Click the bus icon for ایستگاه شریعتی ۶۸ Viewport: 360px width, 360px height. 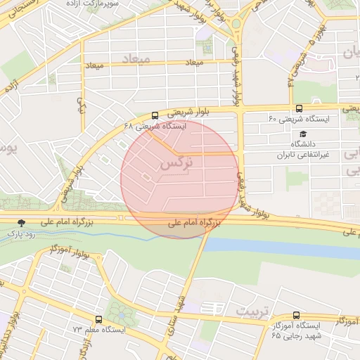coord(155,115)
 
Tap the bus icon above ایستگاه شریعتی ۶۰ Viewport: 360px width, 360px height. coord(299,108)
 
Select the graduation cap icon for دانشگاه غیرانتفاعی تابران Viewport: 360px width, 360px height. coord(303,134)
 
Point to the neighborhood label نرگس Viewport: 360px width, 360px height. coord(176,162)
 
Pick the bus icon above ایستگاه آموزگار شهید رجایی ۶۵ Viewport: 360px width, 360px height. coord(296,316)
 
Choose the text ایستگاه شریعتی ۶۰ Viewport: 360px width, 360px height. coord(298,119)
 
